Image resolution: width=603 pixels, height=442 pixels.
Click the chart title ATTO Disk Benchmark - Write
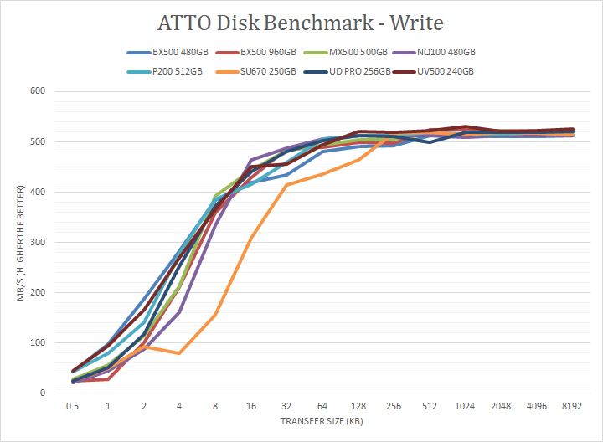[301, 22]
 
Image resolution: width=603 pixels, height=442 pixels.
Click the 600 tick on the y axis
[39, 91]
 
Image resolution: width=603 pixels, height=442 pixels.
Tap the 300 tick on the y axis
[39, 242]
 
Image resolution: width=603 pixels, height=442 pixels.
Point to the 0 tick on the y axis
[44, 393]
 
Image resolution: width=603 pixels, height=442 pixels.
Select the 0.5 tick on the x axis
[73, 406]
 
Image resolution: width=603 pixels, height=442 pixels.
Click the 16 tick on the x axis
[251, 406]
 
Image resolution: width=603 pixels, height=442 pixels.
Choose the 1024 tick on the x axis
[465, 406]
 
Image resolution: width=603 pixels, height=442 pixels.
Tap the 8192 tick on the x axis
[572, 406]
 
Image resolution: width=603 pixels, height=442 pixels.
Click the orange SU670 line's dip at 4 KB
[180, 353]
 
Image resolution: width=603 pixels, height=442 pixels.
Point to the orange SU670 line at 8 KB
[215, 315]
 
